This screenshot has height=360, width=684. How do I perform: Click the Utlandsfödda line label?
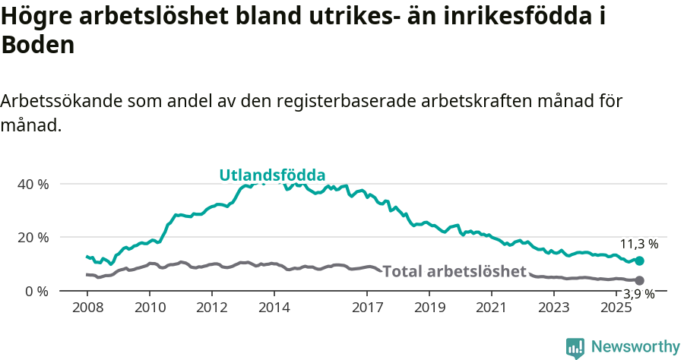(x=272, y=175)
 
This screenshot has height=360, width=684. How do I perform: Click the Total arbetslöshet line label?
(x=454, y=271)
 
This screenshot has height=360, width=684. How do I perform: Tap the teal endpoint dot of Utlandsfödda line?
(x=639, y=261)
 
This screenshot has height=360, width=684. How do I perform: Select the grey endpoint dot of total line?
(x=639, y=280)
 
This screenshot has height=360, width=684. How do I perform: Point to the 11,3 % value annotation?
(x=639, y=244)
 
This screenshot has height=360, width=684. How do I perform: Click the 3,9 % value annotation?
(x=639, y=295)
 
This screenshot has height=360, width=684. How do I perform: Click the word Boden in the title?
(x=38, y=45)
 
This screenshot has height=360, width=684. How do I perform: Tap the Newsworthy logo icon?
(x=575, y=348)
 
